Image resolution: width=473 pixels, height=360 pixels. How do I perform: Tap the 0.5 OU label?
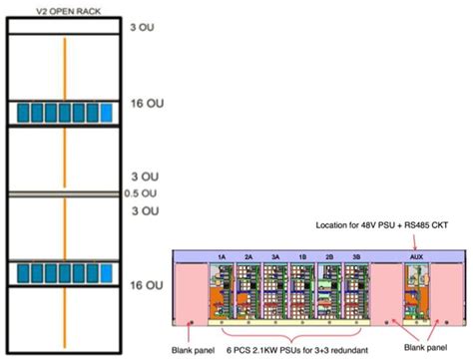point(155,192)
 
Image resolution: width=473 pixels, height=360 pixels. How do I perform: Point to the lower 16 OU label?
point(154,284)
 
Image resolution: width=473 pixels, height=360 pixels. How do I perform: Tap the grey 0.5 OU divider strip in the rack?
point(66,191)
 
